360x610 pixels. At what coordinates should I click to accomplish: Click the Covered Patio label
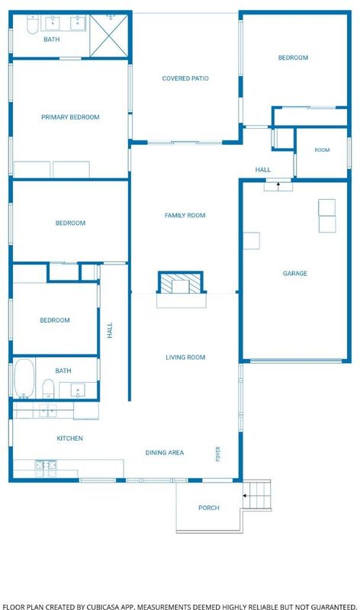point(185,79)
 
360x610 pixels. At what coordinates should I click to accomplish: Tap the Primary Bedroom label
point(70,117)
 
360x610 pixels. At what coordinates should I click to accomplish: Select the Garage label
point(295,274)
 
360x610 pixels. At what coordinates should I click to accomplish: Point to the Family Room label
point(185,215)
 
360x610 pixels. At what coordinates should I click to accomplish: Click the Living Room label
point(185,357)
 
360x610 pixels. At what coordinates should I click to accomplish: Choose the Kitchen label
point(69,438)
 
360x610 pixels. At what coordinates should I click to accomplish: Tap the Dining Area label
point(165,452)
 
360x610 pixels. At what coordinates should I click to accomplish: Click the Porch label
point(209,508)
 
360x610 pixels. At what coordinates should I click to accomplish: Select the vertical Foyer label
point(218,454)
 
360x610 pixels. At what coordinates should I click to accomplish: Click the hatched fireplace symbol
point(181,283)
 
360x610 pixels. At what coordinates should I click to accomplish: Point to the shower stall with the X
point(109,36)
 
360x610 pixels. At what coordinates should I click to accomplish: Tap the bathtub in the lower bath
point(24,378)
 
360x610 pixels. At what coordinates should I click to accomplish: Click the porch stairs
point(257,495)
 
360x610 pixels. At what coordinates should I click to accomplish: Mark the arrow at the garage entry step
point(278,187)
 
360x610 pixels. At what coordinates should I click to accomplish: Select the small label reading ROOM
point(323,149)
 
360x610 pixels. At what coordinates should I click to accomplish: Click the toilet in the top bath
point(32,24)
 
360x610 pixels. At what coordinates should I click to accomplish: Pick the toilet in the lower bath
point(48,388)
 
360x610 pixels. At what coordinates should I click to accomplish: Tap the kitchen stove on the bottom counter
point(46,465)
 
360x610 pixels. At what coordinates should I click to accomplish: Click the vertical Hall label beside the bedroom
point(110,330)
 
